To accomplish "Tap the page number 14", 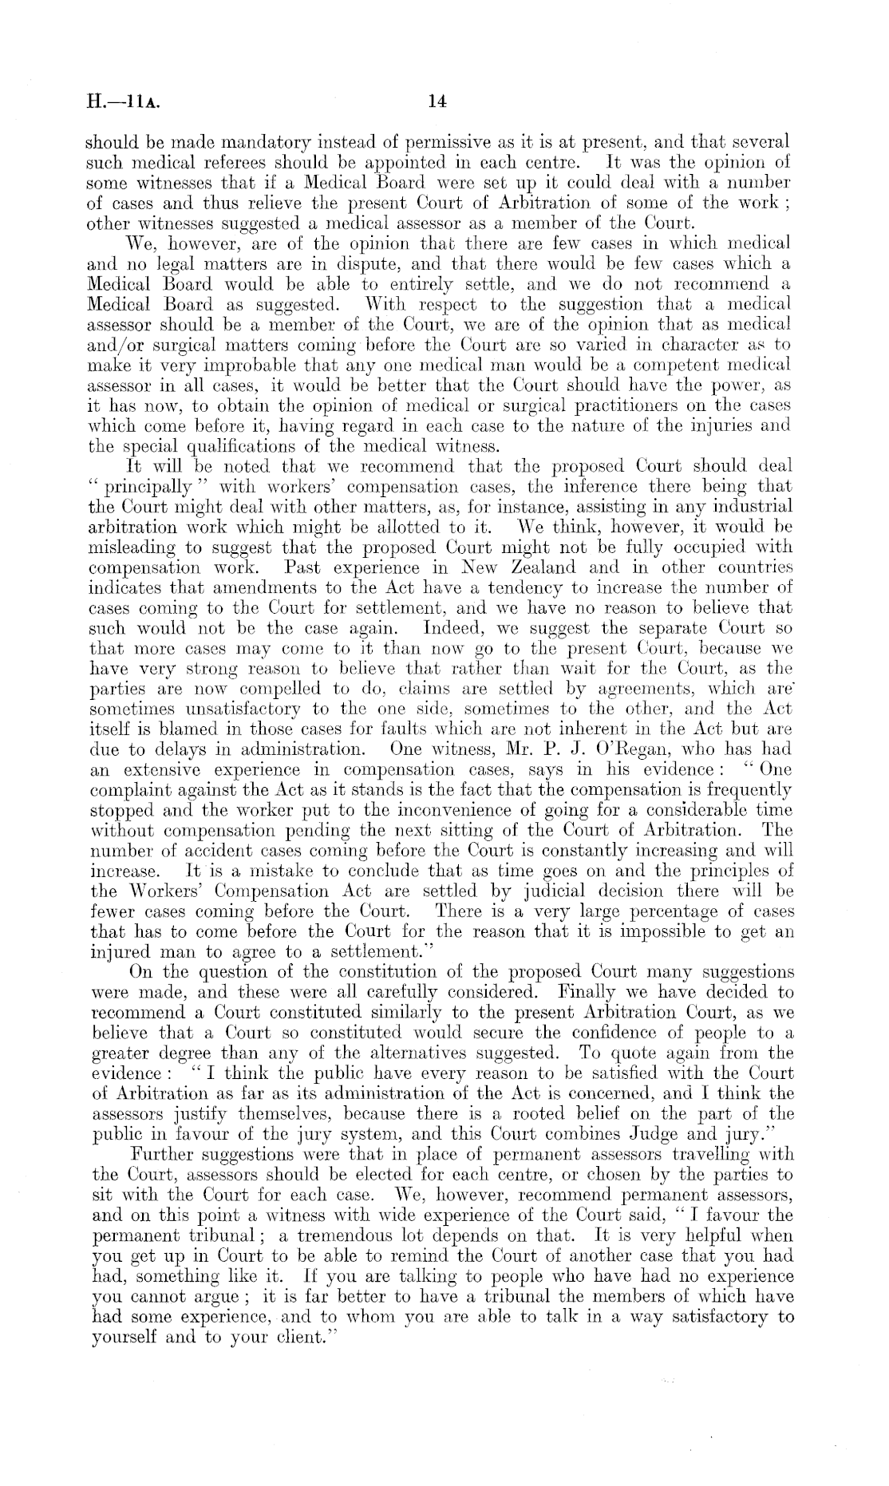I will coord(437,101).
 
